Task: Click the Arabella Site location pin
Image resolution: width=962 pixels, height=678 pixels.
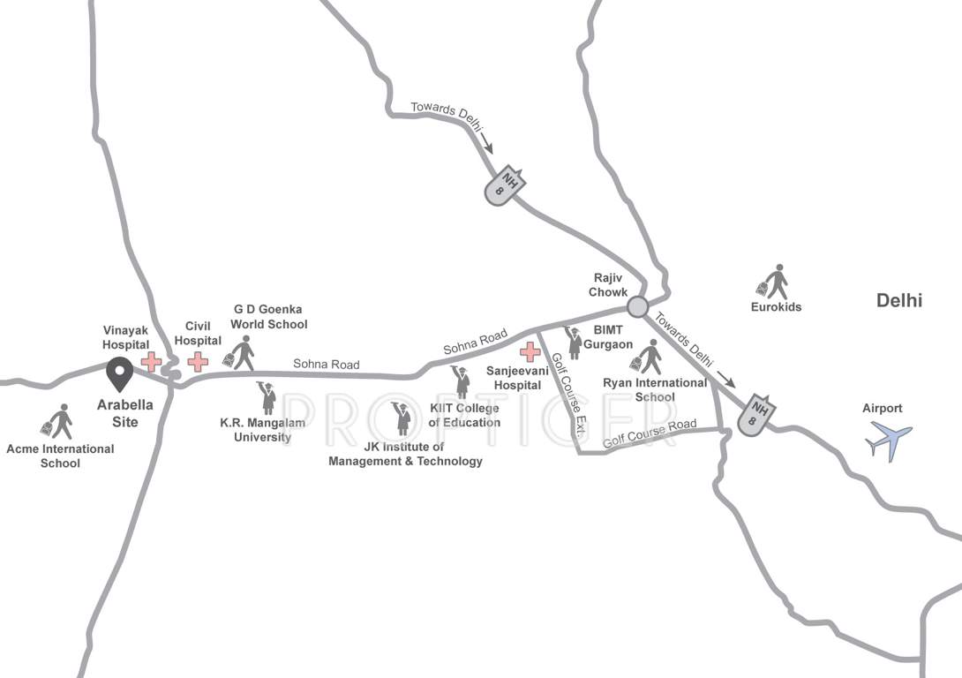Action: coord(119,373)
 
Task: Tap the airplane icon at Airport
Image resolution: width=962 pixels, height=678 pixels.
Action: coord(889,440)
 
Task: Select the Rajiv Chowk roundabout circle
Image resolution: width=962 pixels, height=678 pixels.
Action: coord(637,306)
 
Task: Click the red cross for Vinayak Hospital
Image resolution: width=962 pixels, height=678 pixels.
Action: coord(151,362)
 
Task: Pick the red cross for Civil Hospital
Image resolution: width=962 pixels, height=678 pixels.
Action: coord(198,361)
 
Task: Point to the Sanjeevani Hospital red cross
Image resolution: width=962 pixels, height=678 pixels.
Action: coord(530,352)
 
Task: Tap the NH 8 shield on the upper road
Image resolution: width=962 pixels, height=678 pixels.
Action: coord(507,185)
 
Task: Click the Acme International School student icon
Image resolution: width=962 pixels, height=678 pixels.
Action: coord(58,422)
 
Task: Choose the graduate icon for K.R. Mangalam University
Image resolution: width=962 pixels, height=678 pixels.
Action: coord(267,398)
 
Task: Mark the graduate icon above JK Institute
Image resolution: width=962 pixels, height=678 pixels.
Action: coord(402,418)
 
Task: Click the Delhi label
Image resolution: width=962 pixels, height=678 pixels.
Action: coord(898,300)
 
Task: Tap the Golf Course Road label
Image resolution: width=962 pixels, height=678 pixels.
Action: coord(650,433)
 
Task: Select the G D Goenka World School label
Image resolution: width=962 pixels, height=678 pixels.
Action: coord(269,317)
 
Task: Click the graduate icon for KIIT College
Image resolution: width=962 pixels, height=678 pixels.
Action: coord(461,382)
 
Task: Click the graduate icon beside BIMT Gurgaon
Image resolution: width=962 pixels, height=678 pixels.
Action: coord(575,342)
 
